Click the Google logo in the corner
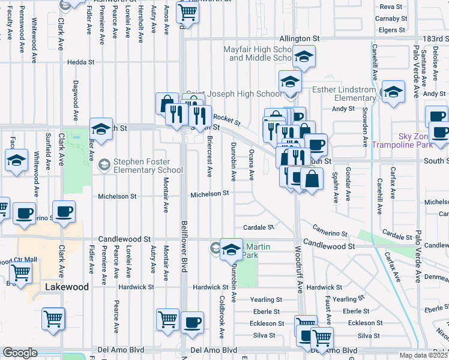(x=20, y=353)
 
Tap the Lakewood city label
(x=67, y=287)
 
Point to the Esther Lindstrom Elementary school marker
(x=393, y=93)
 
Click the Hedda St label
(x=81, y=62)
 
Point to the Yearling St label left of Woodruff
(x=266, y=299)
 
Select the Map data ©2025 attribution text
(x=423, y=355)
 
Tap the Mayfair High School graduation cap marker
(x=304, y=58)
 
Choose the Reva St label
(x=391, y=6)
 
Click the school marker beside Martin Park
(x=231, y=249)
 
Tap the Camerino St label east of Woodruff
(x=330, y=232)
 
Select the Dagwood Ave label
(x=76, y=101)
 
